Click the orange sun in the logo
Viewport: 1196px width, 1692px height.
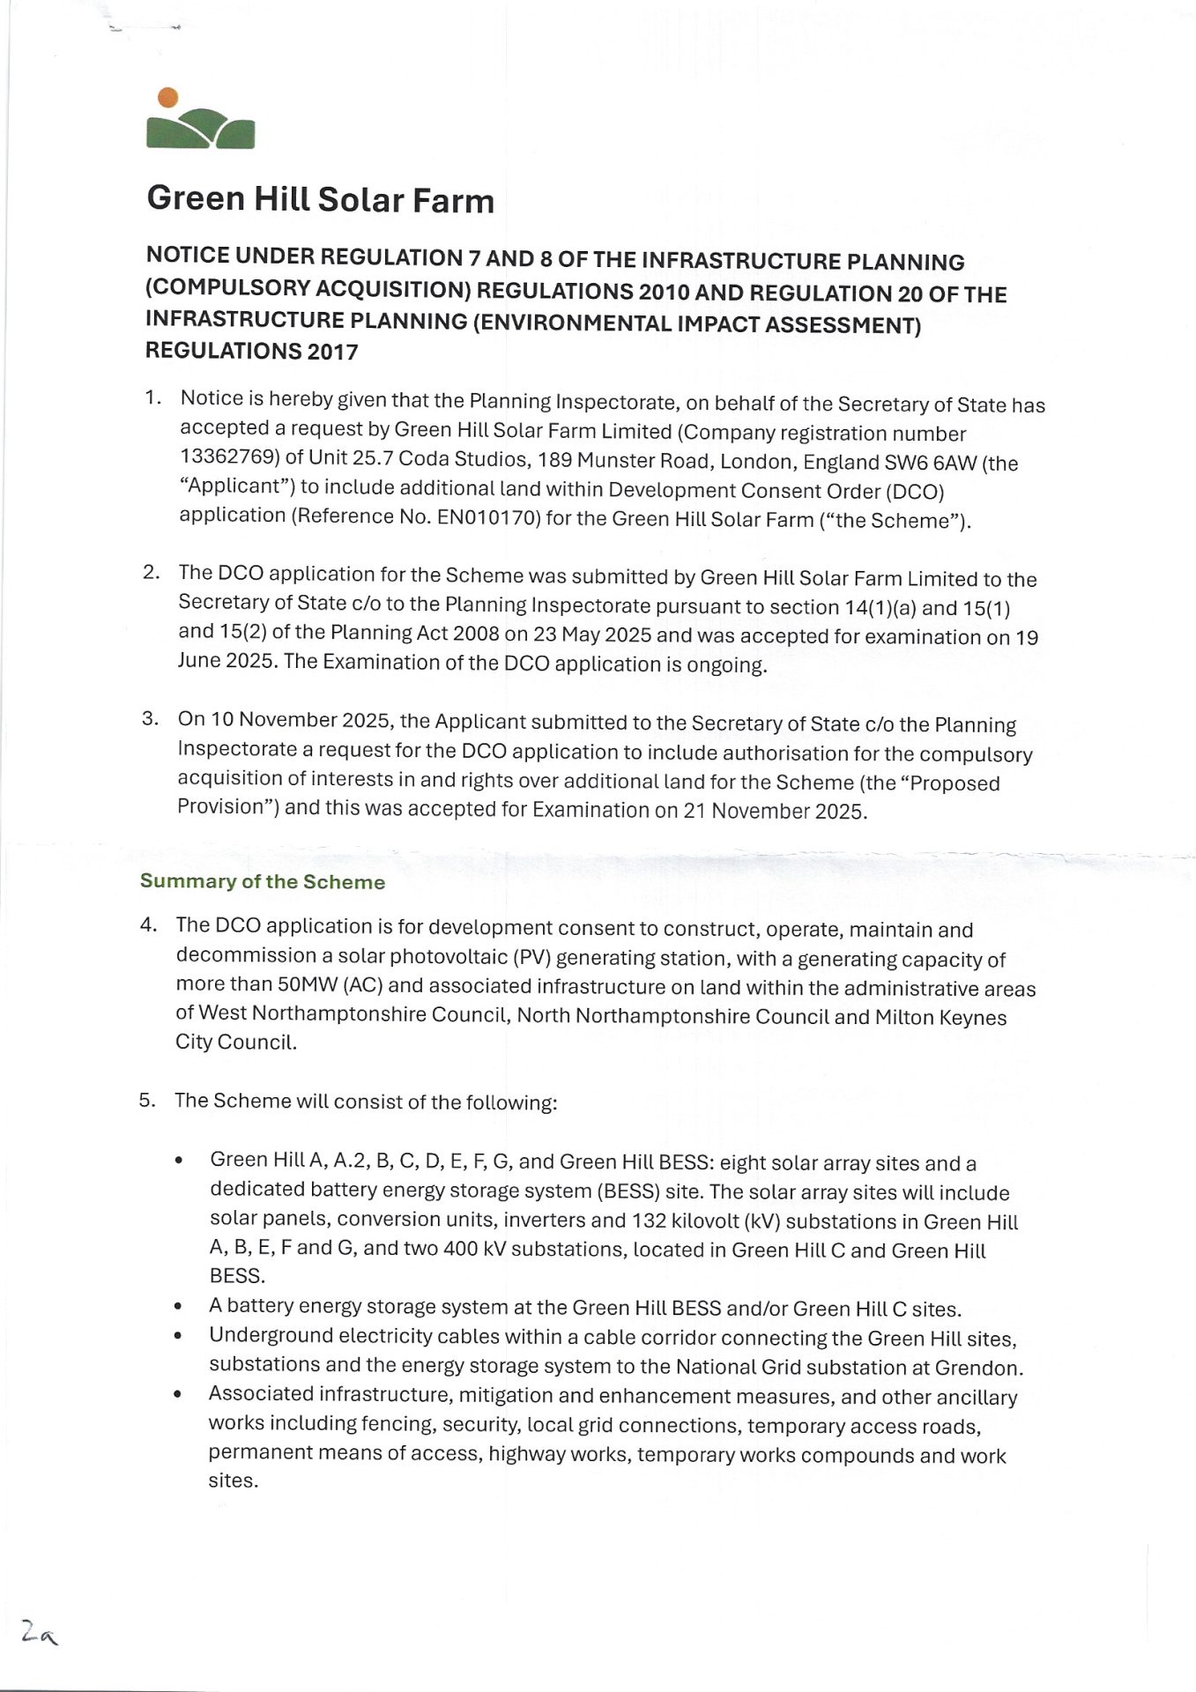tap(167, 98)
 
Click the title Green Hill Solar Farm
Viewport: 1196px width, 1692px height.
tap(320, 199)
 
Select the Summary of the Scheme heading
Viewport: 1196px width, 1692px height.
tap(263, 881)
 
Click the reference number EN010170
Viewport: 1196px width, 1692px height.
tap(488, 517)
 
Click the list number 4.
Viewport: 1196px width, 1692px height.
tap(147, 924)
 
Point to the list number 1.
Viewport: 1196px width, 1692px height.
tap(152, 397)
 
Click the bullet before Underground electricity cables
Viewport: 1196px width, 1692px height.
tap(179, 1336)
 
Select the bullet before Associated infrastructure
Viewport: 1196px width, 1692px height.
tap(179, 1394)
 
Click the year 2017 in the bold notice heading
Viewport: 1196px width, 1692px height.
tap(332, 352)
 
